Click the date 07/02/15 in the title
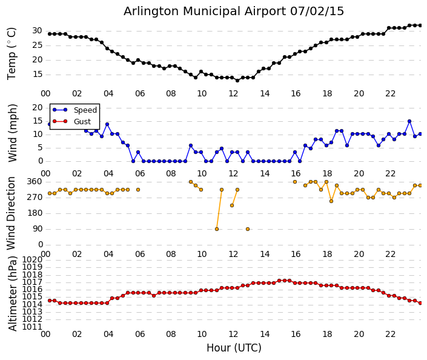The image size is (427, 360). pyautogui.click(x=317, y=12)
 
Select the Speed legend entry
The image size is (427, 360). pyautogui.click(x=74, y=110)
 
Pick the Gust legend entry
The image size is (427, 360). pyautogui.click(x=71, y=121)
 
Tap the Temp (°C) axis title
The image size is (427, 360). pyautogui.click(x=12, y=54)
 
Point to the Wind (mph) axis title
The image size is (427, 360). pyautogui.click(x=13, y=133)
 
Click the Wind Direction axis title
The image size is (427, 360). pyautogui.click(x=11, y=213)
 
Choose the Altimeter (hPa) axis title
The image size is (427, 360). pyautogui.click(x=13, y=293)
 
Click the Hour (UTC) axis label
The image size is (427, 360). pyautogui.click(x=234, y=348)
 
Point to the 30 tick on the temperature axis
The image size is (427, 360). pyautogui.click(x=38, y=31)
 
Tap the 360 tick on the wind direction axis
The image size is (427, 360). pyautogui.click(x=35, y=181)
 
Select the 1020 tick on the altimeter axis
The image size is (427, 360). pyautogui.click(x=33, y=259)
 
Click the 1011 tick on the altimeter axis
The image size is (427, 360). pyautogui.click(x=33, y=327)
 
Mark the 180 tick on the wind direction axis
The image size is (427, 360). pyautogui.click(x=35, y=213)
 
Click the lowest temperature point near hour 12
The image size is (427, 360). pyautogui.click(x=237, y=81)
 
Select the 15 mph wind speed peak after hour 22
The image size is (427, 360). pyautogui.click(x=409, y=121)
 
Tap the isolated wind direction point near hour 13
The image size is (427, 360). pyautogui.click(x=248, y=229)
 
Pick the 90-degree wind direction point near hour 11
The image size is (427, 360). pyautogui.click(x=217, y=229)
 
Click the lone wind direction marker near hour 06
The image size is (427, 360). pyautogui.click(x=138, y=190)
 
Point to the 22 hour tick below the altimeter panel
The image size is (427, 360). pyautogui.click(x=390, y=334)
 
